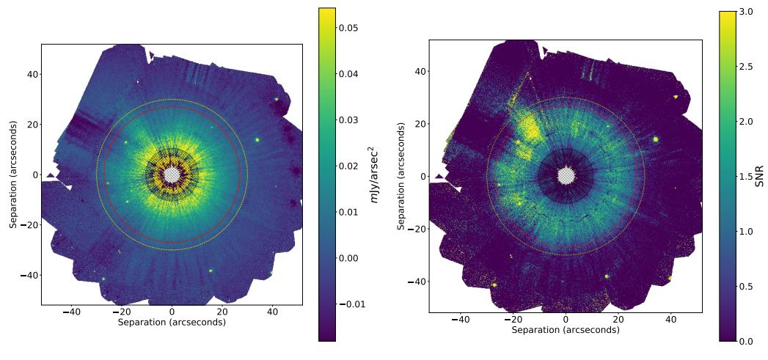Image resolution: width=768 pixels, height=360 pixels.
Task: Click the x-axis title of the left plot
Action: (x=172, y=322)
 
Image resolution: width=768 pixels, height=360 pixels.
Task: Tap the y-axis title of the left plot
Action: (x=12, y=174)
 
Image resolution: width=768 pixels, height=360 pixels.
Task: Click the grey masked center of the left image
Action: (x=172, y=175)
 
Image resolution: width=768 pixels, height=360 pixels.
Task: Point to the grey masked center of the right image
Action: (x=566, y=176)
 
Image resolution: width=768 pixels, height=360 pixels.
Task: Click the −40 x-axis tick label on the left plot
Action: (x=71, y=312)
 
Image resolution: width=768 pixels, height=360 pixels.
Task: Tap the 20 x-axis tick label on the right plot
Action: (x=618, y=320)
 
